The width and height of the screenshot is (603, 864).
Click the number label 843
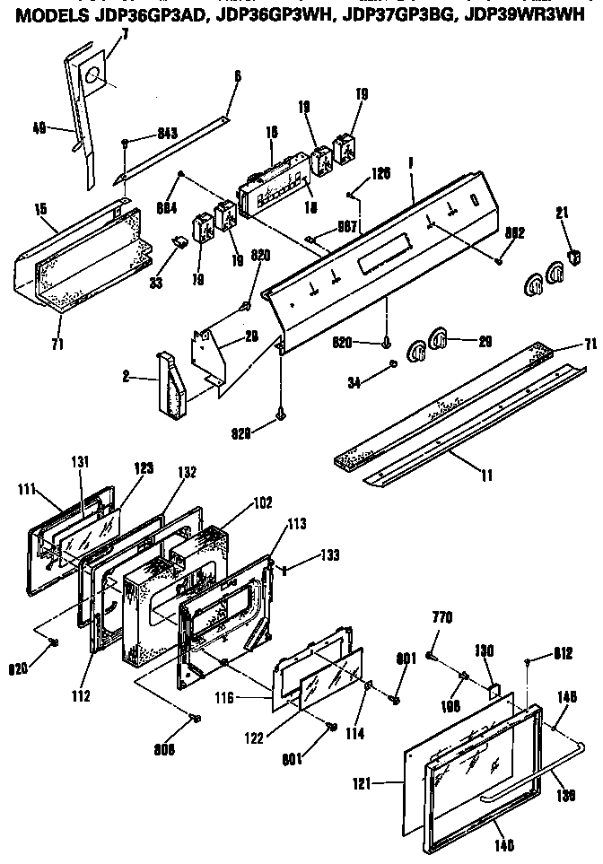coord(165,134)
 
